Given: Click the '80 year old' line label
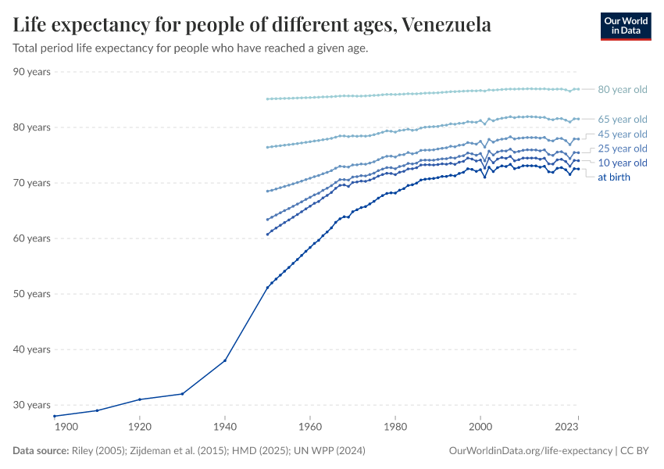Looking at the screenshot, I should click(x=622, y=90).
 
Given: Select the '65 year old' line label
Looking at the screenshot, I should click(x=622, y=120).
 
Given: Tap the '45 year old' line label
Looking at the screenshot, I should click(x=622, y=134).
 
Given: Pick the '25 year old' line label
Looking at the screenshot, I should click(x=622, y=149).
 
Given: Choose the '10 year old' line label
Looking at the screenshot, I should click(x=622, y=163).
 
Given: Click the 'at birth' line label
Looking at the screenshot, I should click(x=614, y=177).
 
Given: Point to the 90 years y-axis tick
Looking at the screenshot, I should click(x=32, y=72).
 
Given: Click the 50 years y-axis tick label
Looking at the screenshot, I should click(x=32, y=294).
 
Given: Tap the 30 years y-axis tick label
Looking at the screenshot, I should click(x=32, y=405).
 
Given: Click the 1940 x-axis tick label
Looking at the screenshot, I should click(x=225, y=428).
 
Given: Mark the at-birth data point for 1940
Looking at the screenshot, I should click(x=225, y=360).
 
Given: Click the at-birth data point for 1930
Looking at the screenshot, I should click(x=183, y=393).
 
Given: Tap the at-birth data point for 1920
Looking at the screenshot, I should click(x=140, y=399).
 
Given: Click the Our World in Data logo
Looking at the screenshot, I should click(x=625, y=26).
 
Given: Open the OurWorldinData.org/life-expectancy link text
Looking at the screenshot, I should click(x=531, y=451).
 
